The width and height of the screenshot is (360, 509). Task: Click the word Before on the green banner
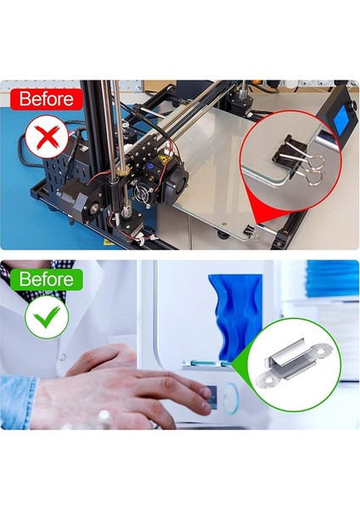point(41,279)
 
